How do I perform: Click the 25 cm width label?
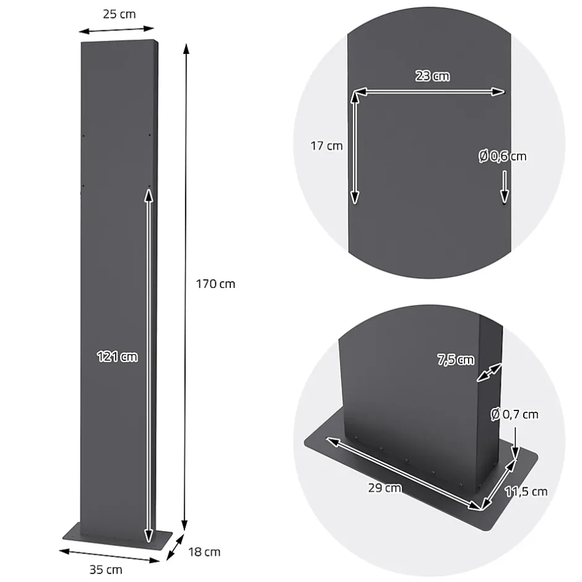pyautogui.click(x=119, y=14)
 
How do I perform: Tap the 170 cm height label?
pyautogui.click(x=215, y=284)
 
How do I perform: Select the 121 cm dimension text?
pyautogui.click(x=117, y=357)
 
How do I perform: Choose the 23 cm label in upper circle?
pyautogui.click(x=432, y=77)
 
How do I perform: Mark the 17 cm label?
pyautogui.click(x=326, y=146)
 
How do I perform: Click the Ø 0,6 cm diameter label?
pyautogui.click(x=502, y=156)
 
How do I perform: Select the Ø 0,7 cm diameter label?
pyautogui.click(x=515, y=415)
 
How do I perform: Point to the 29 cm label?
pyautogui.click(x=384, y=488)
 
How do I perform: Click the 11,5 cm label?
pyautogui.click(x=526, y=492)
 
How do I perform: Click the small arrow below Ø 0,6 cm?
pyautogui.click(x=505, y=187)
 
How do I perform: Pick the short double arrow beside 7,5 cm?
pyautogui.click(x=490, y=373)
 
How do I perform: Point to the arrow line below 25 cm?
pyautogui.click(x=117, y=30)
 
